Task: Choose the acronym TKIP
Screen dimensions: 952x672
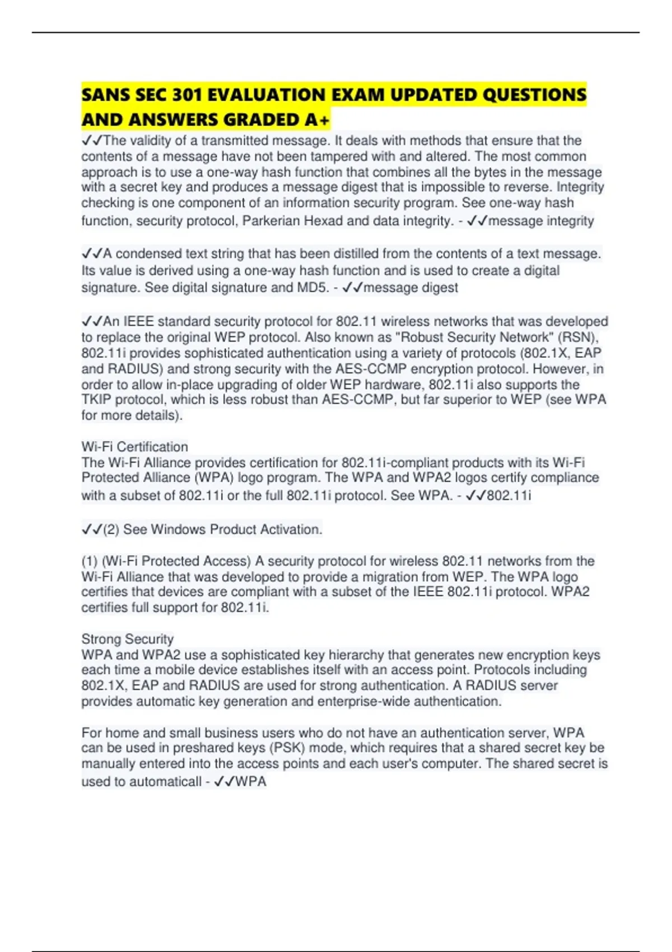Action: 96,400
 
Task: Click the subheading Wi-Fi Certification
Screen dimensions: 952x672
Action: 134,447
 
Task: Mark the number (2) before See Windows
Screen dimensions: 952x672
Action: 111,530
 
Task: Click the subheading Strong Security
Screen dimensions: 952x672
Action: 127,639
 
